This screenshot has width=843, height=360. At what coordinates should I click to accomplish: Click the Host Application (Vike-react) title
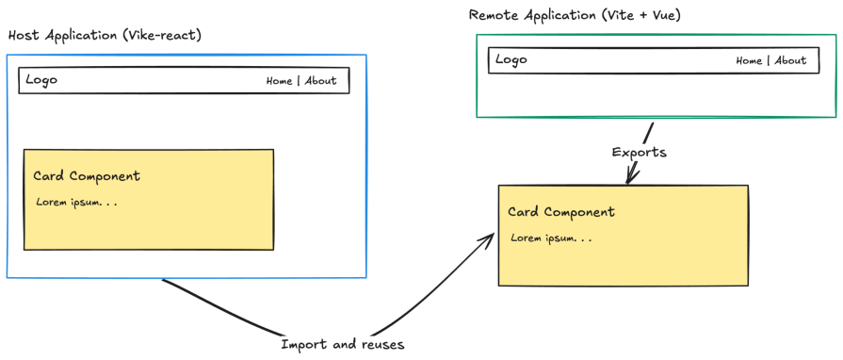(105, 35)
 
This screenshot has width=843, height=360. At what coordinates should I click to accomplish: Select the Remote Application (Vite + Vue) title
(575, 15)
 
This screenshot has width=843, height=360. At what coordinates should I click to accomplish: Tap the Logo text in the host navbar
(41, 80)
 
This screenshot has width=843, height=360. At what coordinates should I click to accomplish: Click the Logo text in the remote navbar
(511, 60)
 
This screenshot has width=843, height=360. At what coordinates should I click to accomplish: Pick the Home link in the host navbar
(279, 81)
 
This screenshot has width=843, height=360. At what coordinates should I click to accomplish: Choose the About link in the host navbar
(320, 81)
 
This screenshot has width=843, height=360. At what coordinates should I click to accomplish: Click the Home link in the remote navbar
(749, 61)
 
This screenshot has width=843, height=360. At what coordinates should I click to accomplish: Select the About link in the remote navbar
(790, 61)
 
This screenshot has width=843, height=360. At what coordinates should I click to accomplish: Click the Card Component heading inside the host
(87, 176)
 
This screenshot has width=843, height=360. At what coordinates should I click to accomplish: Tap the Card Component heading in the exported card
(561, 212)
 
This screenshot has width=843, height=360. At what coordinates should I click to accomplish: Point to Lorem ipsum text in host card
(76, 203)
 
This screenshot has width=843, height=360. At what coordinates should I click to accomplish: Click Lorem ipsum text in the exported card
(551, 237)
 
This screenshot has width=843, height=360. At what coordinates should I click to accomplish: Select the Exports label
(640, 152)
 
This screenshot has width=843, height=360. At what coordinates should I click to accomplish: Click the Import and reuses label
(343, 345)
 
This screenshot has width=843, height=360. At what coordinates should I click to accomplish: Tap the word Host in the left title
(24, 35)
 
